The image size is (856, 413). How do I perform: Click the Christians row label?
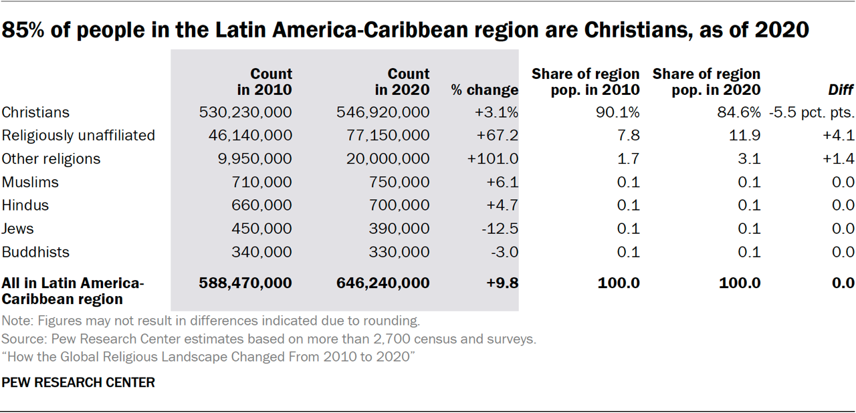pos(35,112)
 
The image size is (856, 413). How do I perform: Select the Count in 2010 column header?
pos(264,82)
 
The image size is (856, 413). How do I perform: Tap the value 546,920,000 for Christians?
pos(383,112)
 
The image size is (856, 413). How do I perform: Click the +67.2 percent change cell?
pos(497,136)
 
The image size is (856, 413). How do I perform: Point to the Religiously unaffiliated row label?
pos(78,136)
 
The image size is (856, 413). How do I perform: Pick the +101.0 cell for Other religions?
pos(494,159)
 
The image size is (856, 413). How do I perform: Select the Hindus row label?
pos(25,205)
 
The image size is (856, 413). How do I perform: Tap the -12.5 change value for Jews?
pos(500,229)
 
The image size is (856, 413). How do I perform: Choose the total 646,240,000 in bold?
pos(383,283)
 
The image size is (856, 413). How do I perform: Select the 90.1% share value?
pos(619,112)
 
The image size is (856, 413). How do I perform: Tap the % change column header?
pos(485,90)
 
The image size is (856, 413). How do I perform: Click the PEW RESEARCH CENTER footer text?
pos(78,383)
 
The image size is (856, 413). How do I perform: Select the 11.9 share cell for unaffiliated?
pos(747,136)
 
